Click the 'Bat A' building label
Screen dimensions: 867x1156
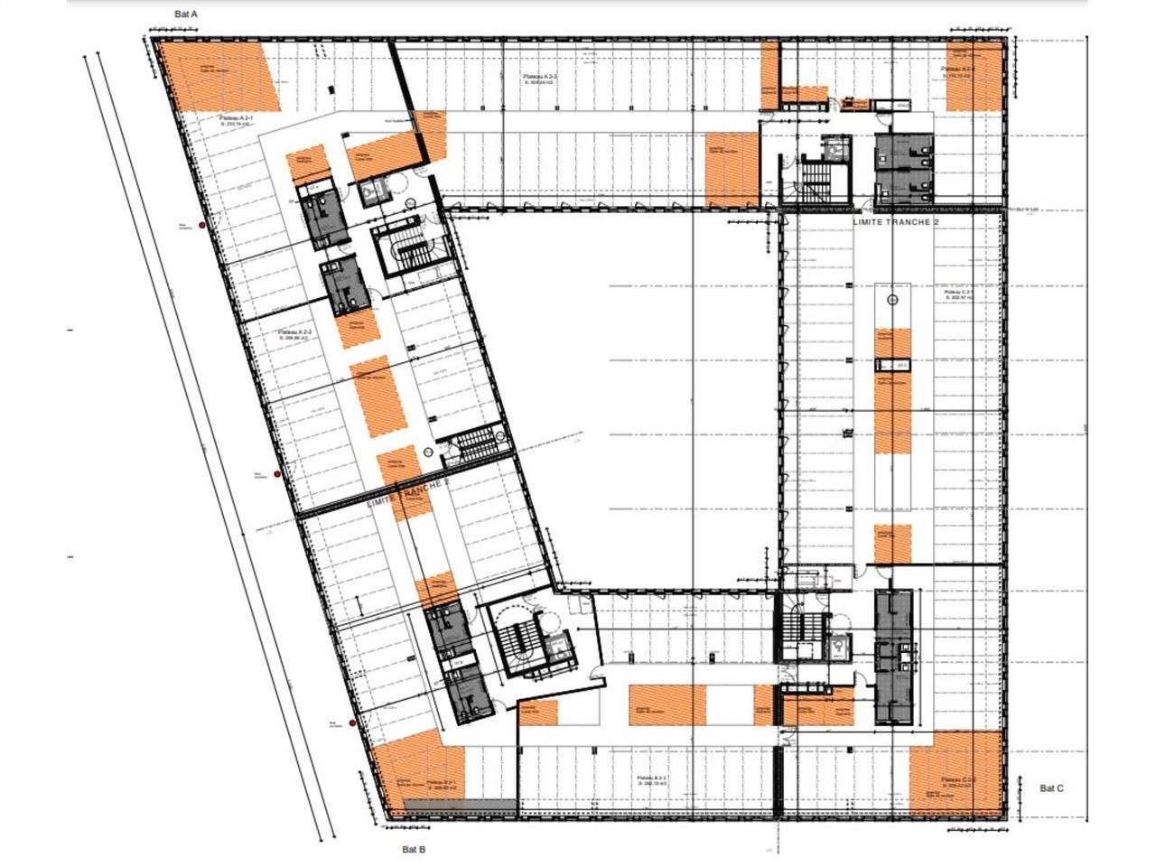[186, 14]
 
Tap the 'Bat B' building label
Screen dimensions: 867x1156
[414, 849]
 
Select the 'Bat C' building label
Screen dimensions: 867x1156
[1051, 788]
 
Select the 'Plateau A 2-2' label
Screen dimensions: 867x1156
[294, 333]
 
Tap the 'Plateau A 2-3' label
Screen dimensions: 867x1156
[539, 79]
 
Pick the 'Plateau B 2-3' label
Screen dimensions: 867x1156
[651, 778]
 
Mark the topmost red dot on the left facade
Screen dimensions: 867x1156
[203, 225]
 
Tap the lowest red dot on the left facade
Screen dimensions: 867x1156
[352, 722]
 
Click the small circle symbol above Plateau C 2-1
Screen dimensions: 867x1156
[893, 299]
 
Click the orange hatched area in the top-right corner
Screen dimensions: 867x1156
[974, 76]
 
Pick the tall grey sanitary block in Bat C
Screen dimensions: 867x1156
[893, 657]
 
